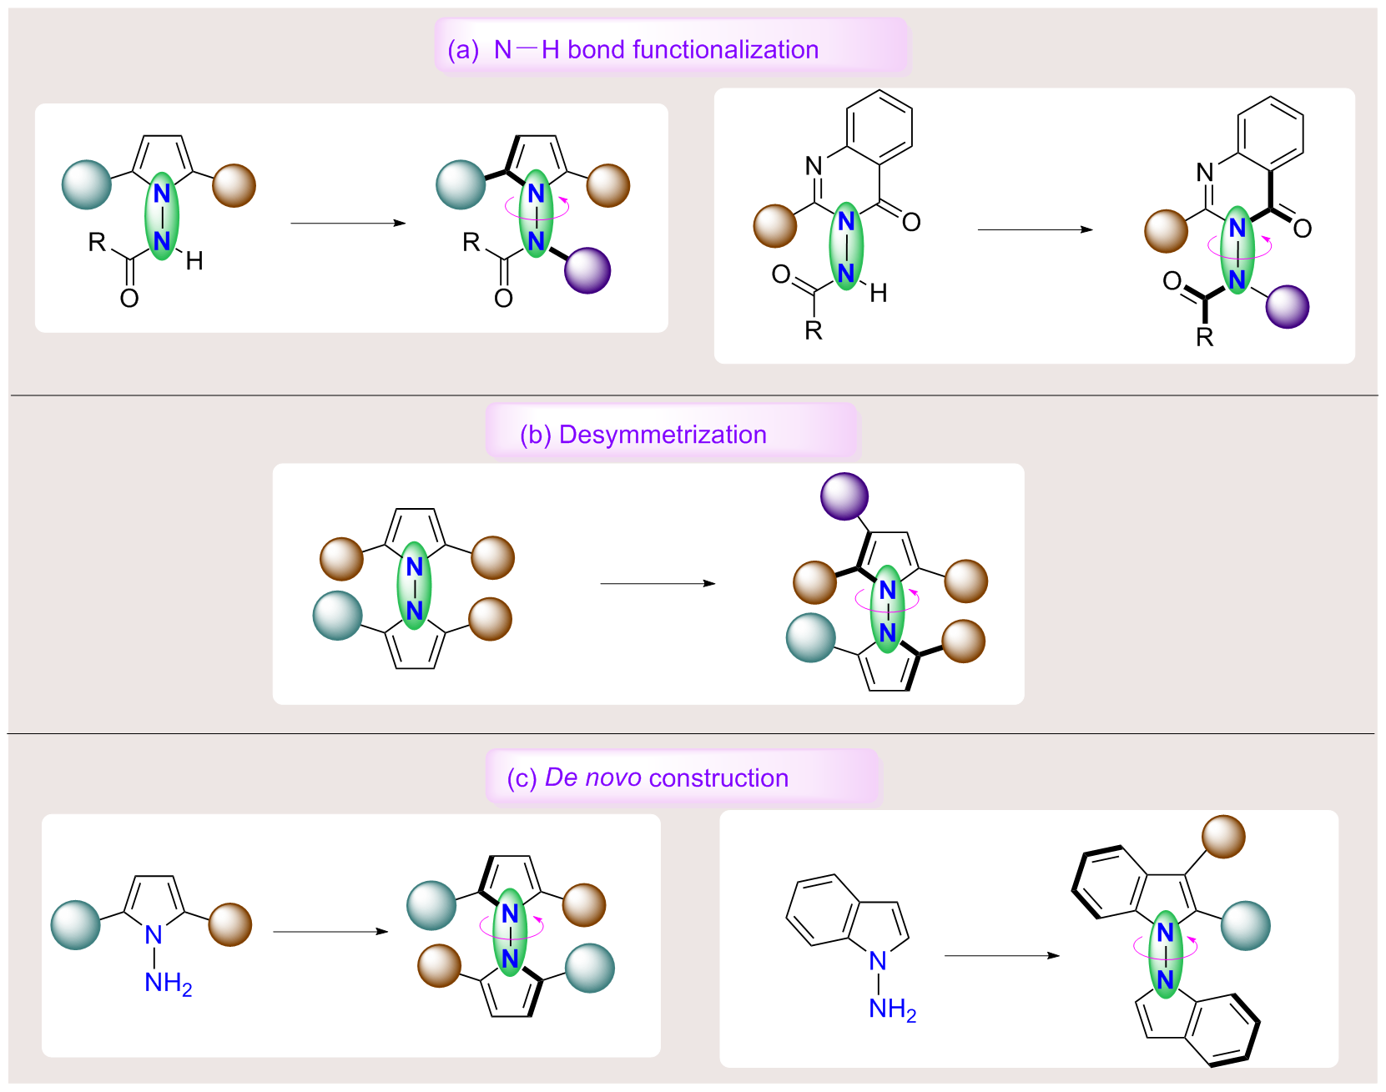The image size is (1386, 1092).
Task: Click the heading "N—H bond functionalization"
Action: coord(656,50)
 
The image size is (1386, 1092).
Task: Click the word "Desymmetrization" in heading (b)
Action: coord(663,435)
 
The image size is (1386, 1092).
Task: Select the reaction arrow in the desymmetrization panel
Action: coord(658,583)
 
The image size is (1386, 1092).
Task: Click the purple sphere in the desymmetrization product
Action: coord(844,497)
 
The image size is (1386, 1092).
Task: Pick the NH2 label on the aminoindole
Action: coord(892,1009)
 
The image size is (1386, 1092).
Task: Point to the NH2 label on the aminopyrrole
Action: coord(168,984)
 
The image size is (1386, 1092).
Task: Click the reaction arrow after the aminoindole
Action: coord(1001,956)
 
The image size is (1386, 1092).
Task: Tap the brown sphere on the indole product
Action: coord(1223,837)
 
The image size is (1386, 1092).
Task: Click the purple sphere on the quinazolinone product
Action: coord(1287,306)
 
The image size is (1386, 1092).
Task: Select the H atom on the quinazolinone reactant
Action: coord(878,293)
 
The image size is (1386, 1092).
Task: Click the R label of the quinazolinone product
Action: coord(1204,338)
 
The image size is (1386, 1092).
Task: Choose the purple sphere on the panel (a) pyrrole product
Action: coord(587,270)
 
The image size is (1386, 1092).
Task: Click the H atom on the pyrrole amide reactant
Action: coord(194,262)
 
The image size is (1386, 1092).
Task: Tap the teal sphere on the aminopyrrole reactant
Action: coord(76,925)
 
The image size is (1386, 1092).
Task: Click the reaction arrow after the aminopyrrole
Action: coord(330,932)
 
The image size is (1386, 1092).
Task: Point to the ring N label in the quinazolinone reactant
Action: coord(814,166)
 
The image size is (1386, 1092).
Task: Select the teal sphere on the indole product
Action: coord(1245,925)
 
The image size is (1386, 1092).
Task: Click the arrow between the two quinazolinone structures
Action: coord(1035,229)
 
